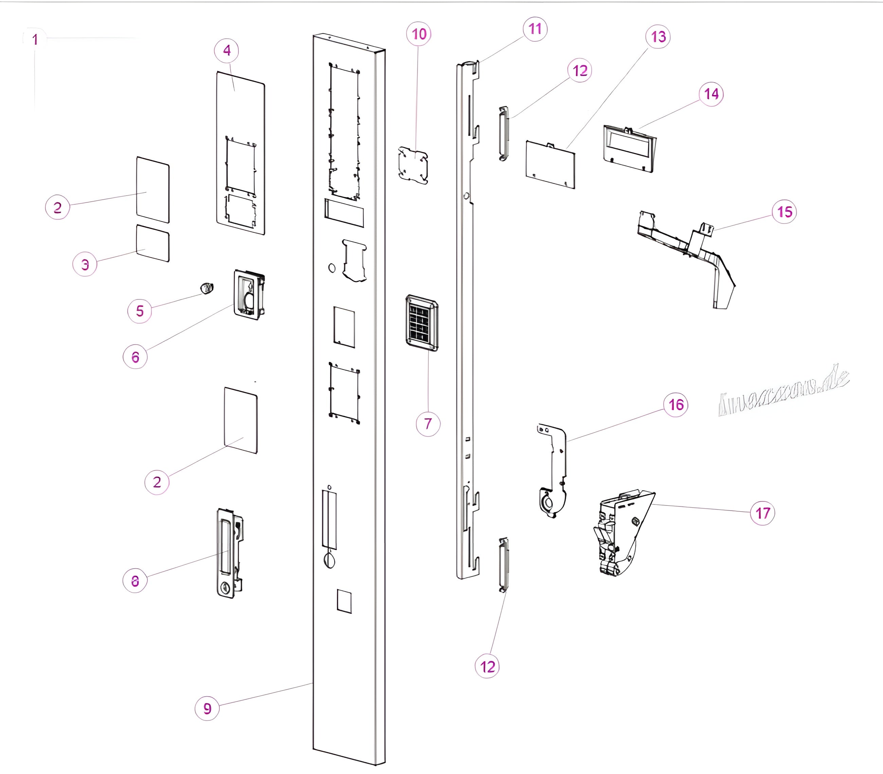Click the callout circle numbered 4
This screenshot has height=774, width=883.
227,51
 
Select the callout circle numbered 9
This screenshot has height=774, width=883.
208,708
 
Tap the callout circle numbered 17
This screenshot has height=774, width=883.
762,513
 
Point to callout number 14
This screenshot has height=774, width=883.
711,94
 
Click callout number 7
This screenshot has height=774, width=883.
428,424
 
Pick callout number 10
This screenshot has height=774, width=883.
419,34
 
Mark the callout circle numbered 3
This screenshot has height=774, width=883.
85,264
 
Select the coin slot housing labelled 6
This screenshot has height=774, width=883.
249,295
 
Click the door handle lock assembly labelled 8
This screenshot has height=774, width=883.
229,553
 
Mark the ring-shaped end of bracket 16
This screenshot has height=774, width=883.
547,503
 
